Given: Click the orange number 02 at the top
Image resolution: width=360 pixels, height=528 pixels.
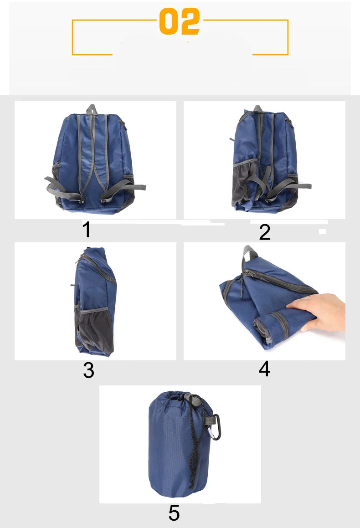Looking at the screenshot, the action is pyautogui.click(x=180, y=21).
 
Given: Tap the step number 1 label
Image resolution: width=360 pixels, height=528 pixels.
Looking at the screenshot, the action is pyautogui.click(x=87, y=229).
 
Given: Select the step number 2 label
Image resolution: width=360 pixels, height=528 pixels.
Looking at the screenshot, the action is pyautogui.click(x=265, y=232).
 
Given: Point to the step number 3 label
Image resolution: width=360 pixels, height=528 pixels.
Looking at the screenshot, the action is pyautogui.click(x=88, y=370).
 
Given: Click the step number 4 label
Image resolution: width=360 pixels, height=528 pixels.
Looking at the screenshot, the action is pyautogui.click(x=264, y=369).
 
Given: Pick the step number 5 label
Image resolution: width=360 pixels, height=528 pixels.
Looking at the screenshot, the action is pyautogui.click(x=174, y=513).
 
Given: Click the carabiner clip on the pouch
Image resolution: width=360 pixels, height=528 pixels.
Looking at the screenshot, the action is pyautogui.click(x=214, y=427).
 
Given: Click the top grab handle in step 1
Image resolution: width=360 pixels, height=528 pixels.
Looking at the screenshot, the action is pyautogui.click(x=92, y=109).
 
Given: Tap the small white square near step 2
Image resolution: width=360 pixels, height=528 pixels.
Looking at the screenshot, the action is pyautogui.click(x=322, y=232).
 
